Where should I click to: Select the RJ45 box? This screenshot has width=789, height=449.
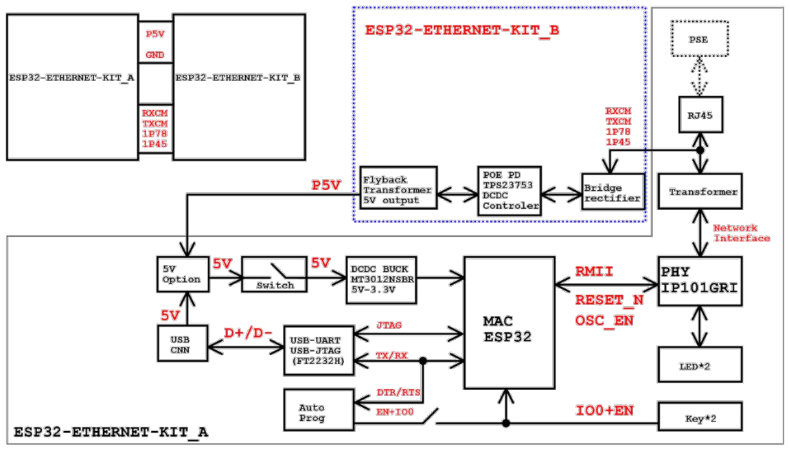700,115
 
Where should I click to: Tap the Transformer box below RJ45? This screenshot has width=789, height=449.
700,192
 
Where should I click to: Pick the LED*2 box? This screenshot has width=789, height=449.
700,365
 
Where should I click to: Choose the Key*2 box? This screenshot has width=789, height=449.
700,415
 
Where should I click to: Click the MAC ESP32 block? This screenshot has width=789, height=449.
509,323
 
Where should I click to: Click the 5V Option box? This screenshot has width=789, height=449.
182,274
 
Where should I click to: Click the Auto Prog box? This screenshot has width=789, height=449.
318,409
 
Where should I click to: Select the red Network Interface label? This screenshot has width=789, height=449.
741,233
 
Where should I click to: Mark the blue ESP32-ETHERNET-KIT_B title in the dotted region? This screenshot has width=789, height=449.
461,31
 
